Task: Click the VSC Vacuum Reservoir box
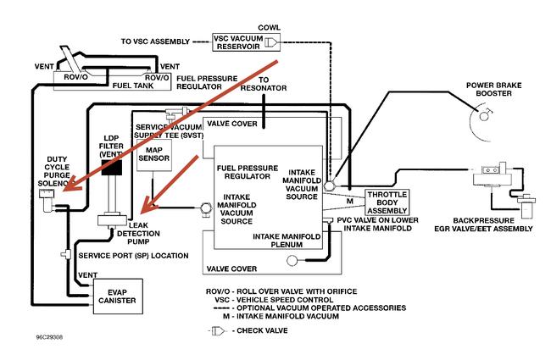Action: (x=247, y=42)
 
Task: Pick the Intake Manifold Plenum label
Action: (x=288, y=241)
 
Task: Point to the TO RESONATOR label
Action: (x=264, y=83)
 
